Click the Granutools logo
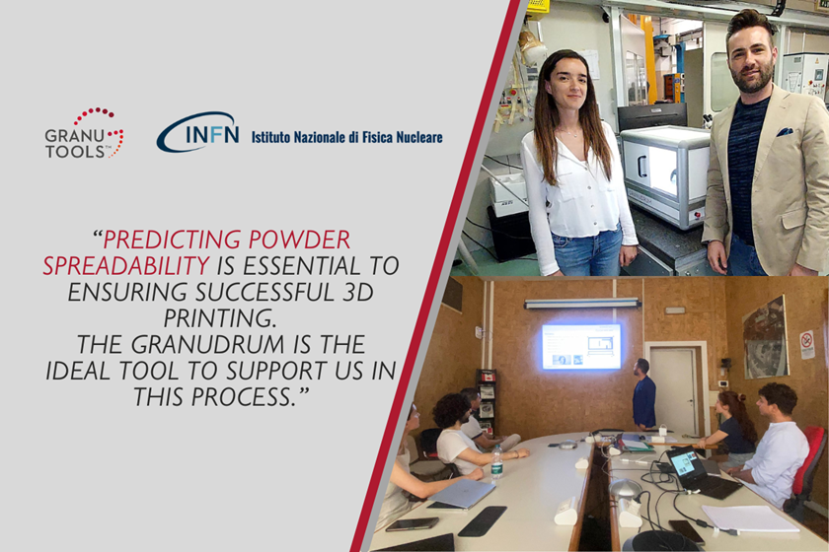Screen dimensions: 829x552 point(84,133)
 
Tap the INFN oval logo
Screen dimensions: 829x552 point(197,133)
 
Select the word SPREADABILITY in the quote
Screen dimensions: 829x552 point(126,266)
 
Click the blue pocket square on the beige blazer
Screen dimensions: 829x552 point(784,131)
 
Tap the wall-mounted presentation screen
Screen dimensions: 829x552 point(581,347)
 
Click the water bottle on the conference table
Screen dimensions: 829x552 point(496,462)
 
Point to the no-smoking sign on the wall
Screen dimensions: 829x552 point(807,344)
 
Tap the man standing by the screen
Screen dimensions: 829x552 point(643,393)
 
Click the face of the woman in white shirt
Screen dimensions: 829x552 point(568,85)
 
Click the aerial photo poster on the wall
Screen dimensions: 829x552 point(766,337)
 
